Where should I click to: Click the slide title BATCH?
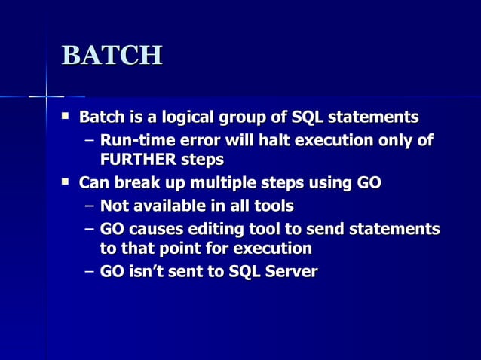[112, 56]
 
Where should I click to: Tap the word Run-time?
[134, 140]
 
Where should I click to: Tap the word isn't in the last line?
[152, 271]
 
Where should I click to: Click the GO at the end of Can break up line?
[369, 183]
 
